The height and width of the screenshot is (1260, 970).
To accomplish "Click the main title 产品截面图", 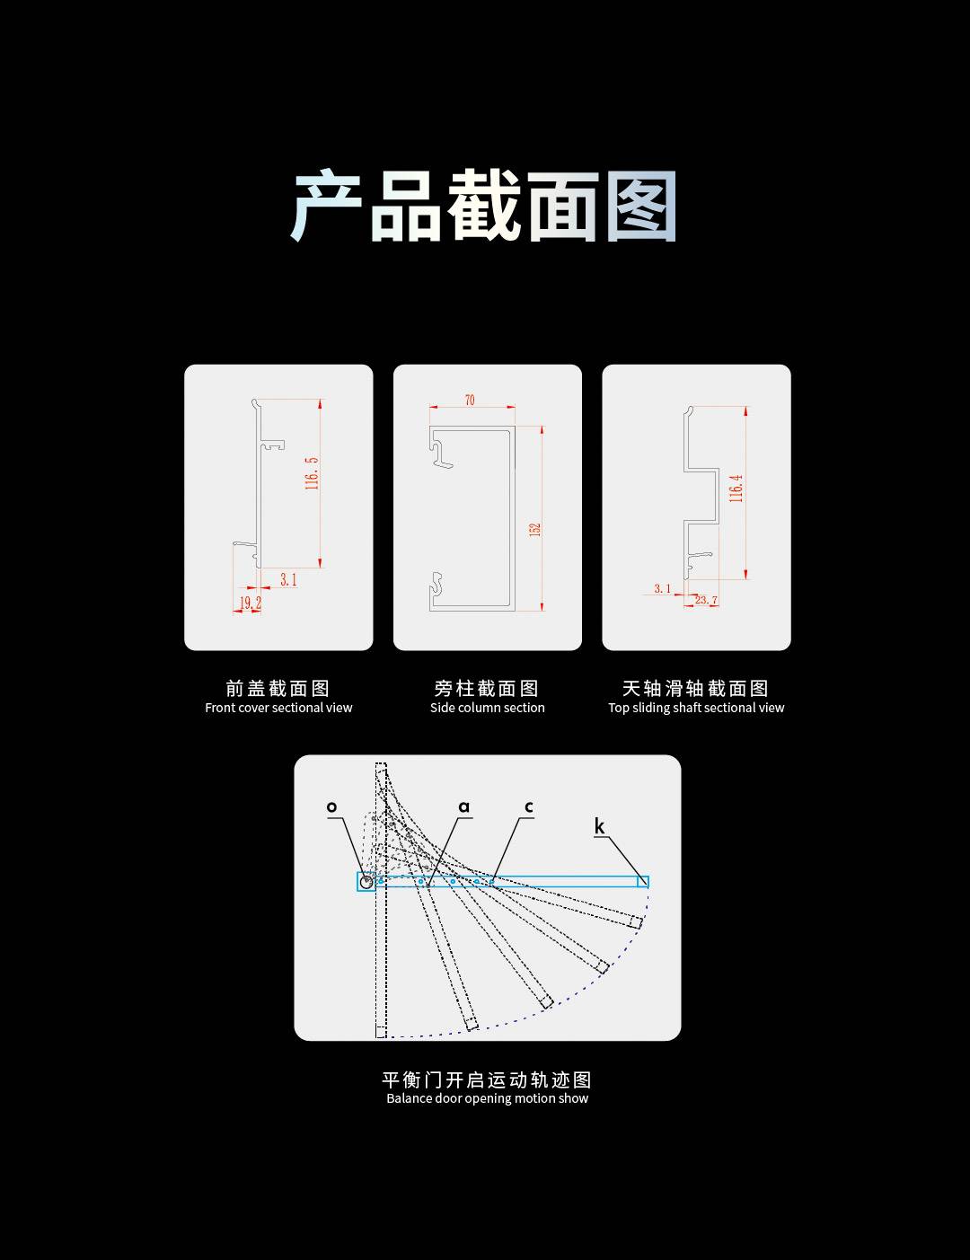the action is tap(483, 206).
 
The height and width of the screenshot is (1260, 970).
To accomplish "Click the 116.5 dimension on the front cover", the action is tap(312, 473).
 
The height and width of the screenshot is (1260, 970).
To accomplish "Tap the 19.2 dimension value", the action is tap(251, 603).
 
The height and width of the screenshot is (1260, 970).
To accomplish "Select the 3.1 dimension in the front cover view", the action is tap(288, 579).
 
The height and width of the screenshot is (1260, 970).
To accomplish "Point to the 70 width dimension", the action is tap(470, 400).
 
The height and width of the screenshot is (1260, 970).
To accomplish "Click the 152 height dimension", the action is tap(535, 529).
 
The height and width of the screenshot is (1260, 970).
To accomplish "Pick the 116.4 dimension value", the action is tap(736, 489).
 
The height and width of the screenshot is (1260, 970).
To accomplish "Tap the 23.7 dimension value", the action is tap(706, 600).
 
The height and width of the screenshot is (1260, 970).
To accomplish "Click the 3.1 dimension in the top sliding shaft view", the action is tap(662, 588).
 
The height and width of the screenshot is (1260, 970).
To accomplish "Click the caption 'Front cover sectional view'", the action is tap(278, 708).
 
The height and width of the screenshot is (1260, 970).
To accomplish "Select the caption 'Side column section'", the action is tap(487, 708).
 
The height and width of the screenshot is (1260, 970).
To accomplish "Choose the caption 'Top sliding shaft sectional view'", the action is tap(696, 708).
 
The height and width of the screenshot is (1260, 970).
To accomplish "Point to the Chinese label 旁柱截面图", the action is tap(487, 688).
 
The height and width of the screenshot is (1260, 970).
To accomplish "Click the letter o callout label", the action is tap(331, 806).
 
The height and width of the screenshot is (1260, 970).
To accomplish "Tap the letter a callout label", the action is tap(463, 806).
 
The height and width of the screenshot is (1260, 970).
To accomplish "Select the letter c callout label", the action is tap(529, 806).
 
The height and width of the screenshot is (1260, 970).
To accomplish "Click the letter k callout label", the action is tap(599, 826).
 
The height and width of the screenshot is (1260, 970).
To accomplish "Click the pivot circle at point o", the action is tap(366, 883).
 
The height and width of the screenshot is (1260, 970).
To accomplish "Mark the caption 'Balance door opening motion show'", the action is tap(487, 1098).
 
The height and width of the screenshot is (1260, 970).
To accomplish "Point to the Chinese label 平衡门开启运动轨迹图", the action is tap(487, 1079).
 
